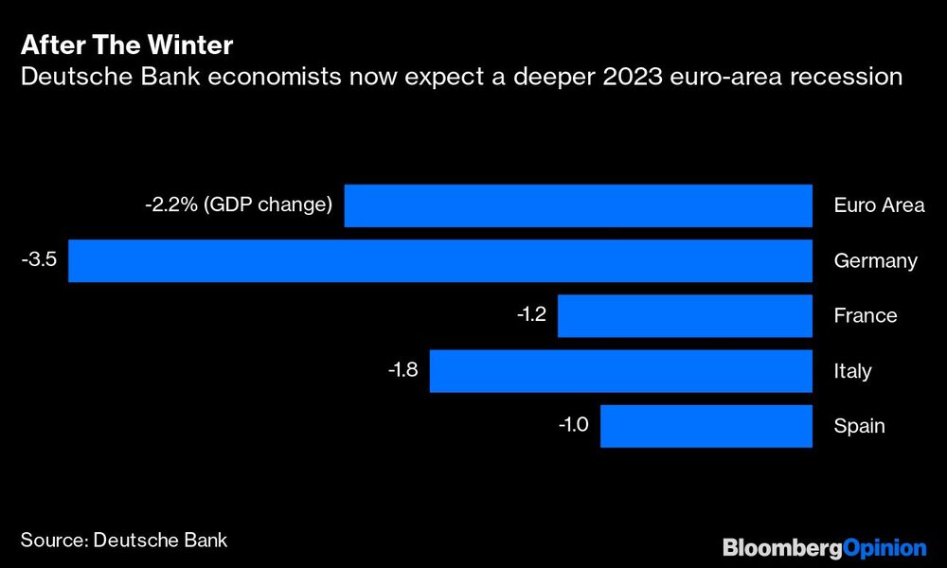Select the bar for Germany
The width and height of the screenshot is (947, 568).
pyautogui.click(x=440, y=260)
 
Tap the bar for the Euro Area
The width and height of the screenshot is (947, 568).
pyautogui.click(x=578, y=205)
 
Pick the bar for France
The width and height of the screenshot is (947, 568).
pyautogui.click(x=685, y=315)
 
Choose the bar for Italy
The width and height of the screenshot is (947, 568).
pyautogui.click(x=621, y=370)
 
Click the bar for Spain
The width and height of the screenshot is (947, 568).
pyautogui.click(x=706, y=425)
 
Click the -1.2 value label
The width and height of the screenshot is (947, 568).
pyautogui.click(x=531, y=314)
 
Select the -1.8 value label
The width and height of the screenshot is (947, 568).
pyautogui.click(x=403, y=369)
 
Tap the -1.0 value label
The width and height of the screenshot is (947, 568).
pyautogui.click(x=573, y=424)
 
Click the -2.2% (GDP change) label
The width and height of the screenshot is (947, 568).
pyautogui.click(x=238, y=204)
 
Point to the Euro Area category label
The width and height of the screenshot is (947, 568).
pyautogui.click(x=879, y=205)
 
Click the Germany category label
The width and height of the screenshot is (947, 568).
pyautogui.click(x=875, y=260)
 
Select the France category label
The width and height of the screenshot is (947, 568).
pyautogui.click(x=865, y=315)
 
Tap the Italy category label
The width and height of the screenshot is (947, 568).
pyautogui.click(x=852, y=370)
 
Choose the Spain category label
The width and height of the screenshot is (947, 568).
pyautogui.click(x=859, y=425)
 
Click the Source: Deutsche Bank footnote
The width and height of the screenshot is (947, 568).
pyautogui.click(x=124, y=540)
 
